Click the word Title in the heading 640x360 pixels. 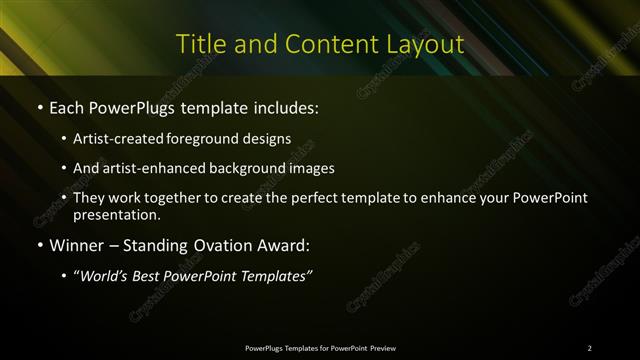click(198, 45)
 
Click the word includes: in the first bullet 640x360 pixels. click(283, 106)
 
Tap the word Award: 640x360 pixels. click(288, 244)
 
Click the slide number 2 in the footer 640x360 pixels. click(590, 348)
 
